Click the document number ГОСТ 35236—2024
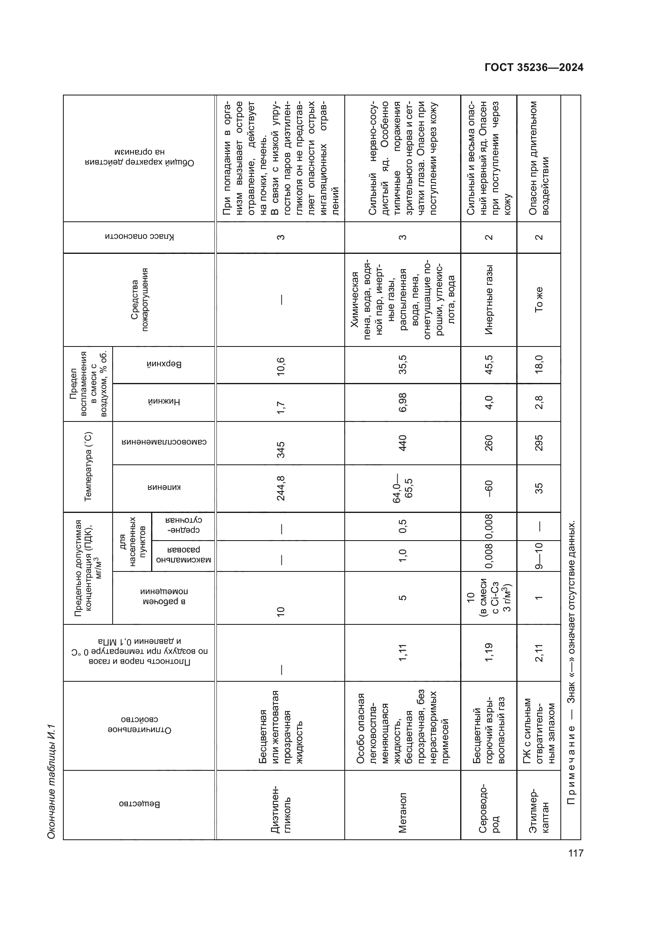pyautogui.click(x=534, y=67)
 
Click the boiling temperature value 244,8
pyautogui.click(x=281, y=488)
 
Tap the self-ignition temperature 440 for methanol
pyautogui.click(x=402, y=443)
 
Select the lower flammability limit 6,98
pyautogui.click(x=402, y=402)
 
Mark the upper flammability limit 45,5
pyautogui.click(x=489, y=365)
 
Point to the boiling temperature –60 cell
pyautogui.click(x=489, y=488)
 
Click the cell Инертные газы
pyautogui.click(x=489, y=300)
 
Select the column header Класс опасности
pyautogui.click(x=139, y=237)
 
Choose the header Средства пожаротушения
pyautogui.click(x=139, y=300)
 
